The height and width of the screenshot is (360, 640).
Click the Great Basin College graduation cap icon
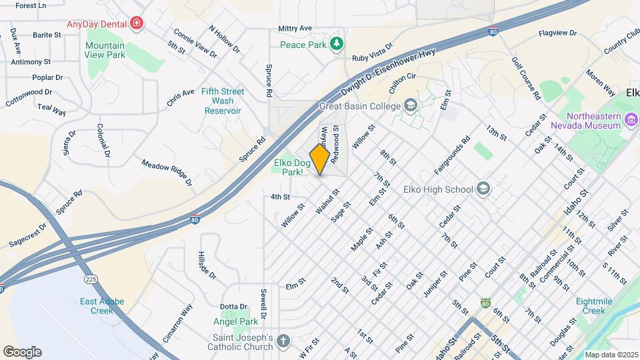[411, 106]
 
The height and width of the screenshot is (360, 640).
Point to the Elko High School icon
[482, 189]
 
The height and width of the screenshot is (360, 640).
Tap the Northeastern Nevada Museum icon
[631, 121]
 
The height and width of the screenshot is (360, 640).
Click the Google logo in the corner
[21, 352]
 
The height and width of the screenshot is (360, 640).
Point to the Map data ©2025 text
[611, 355]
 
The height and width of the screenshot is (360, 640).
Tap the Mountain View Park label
[105, 50]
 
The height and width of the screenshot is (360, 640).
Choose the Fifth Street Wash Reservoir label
[223, 101]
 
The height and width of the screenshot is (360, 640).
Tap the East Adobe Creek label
[102, 306]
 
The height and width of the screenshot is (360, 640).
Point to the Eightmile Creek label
[603, 306]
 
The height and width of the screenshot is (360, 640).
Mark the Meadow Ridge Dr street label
[167, 172]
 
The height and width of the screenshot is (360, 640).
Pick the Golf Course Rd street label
[526, 78]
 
